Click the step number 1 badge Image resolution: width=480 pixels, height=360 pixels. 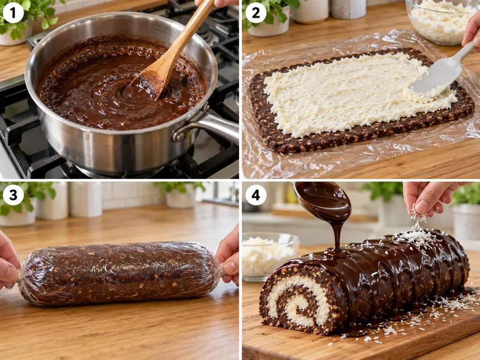(13, 13)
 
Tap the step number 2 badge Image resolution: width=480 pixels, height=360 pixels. (256, 13)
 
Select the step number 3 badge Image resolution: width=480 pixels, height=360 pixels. (13, 195)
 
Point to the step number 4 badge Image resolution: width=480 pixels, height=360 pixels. (256, 195)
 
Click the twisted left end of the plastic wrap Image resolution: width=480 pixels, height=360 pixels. (18, 276)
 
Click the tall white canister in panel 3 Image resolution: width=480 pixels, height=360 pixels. (85, 199)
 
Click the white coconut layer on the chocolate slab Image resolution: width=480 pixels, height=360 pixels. (352, 93)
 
